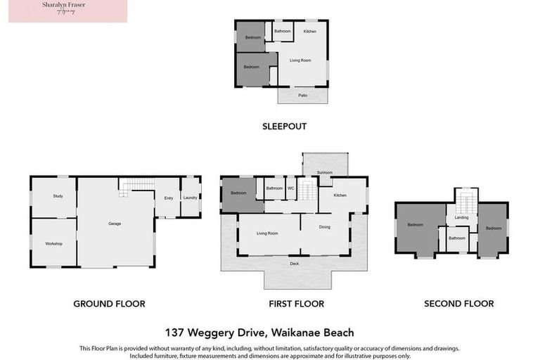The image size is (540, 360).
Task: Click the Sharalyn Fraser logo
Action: tap(67, 11)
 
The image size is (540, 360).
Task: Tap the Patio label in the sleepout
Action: tap(302, 95)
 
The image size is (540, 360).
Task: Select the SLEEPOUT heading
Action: tap(284, 127)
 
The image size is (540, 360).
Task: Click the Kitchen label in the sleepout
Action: tap(309, 32)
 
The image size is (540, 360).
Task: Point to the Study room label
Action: tap(58, 196)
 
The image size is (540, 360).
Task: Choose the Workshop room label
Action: tap(54, 243)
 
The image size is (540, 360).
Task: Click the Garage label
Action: tap(115, 224)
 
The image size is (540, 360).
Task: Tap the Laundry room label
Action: tap(191, 198)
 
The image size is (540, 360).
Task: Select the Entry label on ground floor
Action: tap(169, 198)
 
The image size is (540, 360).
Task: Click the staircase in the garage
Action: tap(136, 184)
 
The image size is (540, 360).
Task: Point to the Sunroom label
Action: tap(325, 172)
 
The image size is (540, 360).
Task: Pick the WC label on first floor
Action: tap(290, 188)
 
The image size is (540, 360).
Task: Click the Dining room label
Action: tap(324, 227)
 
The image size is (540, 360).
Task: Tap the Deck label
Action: tap(294, 264)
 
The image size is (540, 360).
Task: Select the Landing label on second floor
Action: tap(461, 217)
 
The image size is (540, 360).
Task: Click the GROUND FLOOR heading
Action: tap(109, 304)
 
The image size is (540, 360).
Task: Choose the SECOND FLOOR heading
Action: tap(458, 304)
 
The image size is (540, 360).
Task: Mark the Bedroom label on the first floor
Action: tap(238, 193)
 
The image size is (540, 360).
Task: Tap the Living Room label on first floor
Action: tap(267, 233)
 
